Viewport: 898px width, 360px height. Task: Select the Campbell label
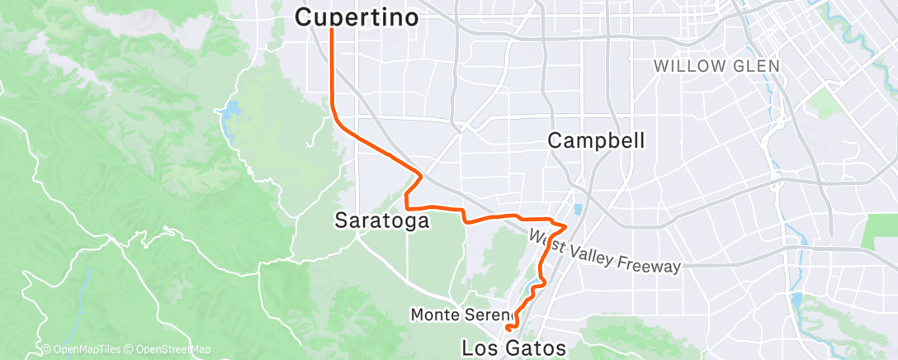tap(596, 141)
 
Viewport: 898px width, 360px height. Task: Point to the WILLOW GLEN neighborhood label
tap(714, 64)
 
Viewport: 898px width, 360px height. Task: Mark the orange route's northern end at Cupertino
tap(332, 30)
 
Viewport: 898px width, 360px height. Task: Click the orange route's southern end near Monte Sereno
tap(506, 330)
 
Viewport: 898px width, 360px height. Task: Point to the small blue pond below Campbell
tap(578, 210)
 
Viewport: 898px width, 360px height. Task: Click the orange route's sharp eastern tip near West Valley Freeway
tap(566, 225)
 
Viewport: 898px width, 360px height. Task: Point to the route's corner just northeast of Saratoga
tap(422, 175)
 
